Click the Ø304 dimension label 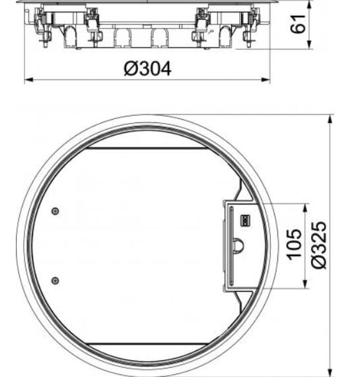tap(147, 67)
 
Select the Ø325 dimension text tap(320, 245)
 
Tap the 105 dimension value tap(295, 244)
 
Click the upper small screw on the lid tap(55, 211)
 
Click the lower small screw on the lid tap(55, 279)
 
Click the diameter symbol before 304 tap(130, 67)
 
